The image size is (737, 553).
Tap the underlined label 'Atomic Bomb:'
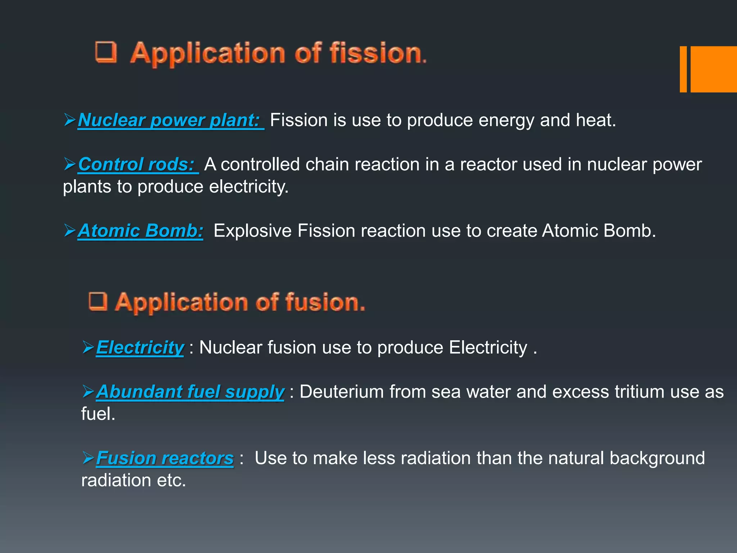(x=140, y=231)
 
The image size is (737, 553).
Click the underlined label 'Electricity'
(x=140, y=348)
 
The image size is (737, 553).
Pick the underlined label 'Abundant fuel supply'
(x=190, y=392)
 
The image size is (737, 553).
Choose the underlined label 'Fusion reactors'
(x=164, y=458)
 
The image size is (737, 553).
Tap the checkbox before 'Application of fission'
(x=106, y=52)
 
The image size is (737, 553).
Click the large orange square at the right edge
(x=714, y=69)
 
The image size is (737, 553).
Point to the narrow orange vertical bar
(x=683, y=69)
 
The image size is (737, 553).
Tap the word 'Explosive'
(x=252, y=231)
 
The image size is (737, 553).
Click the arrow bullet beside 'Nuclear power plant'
(x=69, y=120)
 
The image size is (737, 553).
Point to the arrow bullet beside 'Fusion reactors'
(x=88, y=458)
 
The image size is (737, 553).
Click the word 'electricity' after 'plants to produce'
(x=248, y=186)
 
